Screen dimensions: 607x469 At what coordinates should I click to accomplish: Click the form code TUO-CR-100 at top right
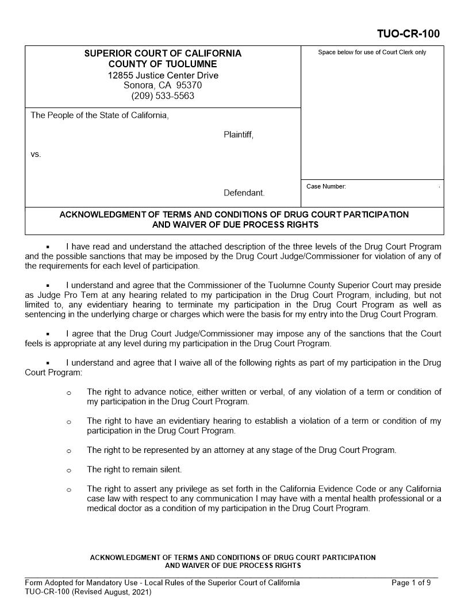point(408,34)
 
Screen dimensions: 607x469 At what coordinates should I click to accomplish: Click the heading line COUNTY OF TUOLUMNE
point(163,64)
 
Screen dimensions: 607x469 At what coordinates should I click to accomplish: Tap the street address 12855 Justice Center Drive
point(163,75)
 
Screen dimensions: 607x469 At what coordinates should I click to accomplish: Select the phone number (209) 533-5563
point(163,96)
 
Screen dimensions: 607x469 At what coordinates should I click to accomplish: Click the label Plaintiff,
point(238,135)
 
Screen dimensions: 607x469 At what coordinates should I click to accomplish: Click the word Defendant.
point(244,193)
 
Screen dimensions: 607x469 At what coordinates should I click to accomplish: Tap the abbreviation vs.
point(36,155)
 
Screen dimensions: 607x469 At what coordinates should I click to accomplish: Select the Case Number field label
point(326,186)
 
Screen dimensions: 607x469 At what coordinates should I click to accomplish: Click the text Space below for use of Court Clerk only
point(372,52)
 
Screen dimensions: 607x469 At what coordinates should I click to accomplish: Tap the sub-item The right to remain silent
point(134,470)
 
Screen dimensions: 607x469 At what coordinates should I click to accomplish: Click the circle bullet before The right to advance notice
point(68,393)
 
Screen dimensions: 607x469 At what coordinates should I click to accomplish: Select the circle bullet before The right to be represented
point(68,451)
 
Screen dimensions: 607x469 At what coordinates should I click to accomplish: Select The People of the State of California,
point(99,116)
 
